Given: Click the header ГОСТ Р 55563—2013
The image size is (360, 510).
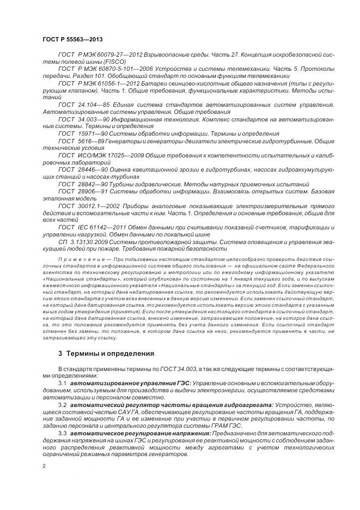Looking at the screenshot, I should point(71,40).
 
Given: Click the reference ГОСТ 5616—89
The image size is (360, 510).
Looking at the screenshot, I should point(80,140).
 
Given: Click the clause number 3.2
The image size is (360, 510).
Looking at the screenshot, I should point(62,406).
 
